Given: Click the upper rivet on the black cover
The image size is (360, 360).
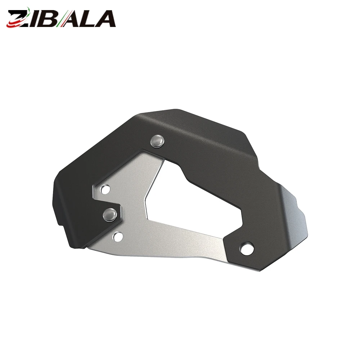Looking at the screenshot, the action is pyautogui.click(x=158, y=141).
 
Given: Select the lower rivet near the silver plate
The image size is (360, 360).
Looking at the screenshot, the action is pyautogui.click(x=111, y=215).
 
